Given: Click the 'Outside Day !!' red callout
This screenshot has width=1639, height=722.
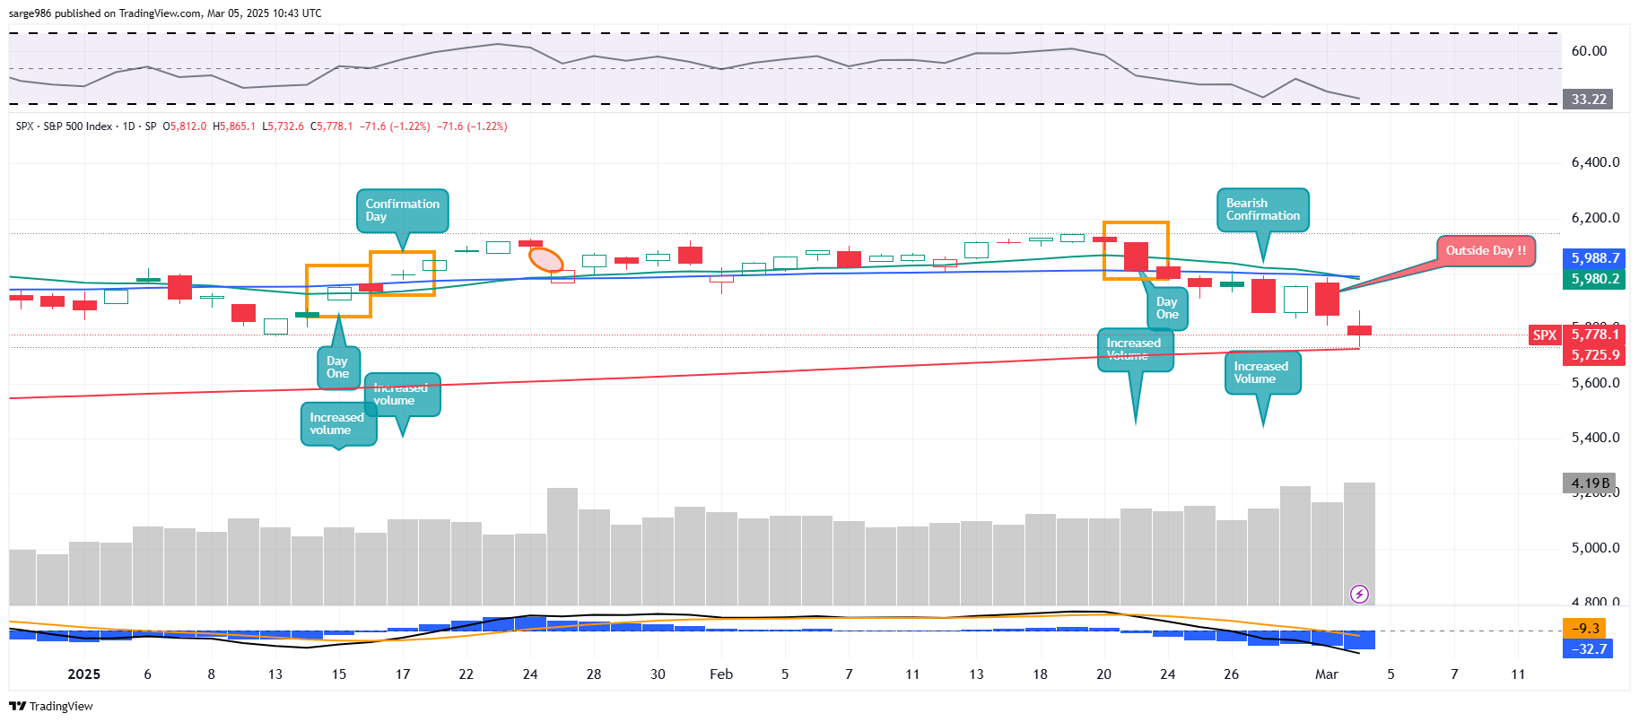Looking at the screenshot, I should pos(1486,251).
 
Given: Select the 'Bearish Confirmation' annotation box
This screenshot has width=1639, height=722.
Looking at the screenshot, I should pos(1262,210).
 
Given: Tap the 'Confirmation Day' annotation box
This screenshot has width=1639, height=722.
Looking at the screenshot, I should pos(402,211).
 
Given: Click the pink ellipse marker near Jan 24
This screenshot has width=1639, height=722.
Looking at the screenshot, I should pos(545,260).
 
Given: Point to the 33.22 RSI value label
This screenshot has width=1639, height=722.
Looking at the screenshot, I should pos(1588,100).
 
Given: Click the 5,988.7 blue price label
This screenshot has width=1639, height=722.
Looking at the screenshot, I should pos(1595,258).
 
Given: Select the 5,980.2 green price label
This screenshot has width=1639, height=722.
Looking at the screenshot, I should pos(1595,279).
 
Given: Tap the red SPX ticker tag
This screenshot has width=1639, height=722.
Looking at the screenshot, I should pos(1544,335).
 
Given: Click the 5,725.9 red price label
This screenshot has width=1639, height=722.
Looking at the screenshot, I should pos(1595,355).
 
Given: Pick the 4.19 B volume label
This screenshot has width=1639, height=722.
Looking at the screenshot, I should pos(1590,483).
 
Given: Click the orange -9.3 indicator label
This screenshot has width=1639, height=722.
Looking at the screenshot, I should pos(1586,629).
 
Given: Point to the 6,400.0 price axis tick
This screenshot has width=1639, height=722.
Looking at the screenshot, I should pos(1595,162).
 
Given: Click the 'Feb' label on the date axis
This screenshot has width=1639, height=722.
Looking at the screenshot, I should pos(720,674).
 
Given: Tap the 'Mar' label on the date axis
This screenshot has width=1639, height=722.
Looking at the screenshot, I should pos(1326,674).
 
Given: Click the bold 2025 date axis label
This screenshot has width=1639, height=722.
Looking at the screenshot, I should pos(83,674).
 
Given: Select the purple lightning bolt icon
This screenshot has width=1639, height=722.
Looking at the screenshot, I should pos(1359,594).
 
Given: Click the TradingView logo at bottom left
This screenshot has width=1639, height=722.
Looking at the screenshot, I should pos(51,706).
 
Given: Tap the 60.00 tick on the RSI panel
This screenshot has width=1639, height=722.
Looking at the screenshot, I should pos(1589,51).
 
